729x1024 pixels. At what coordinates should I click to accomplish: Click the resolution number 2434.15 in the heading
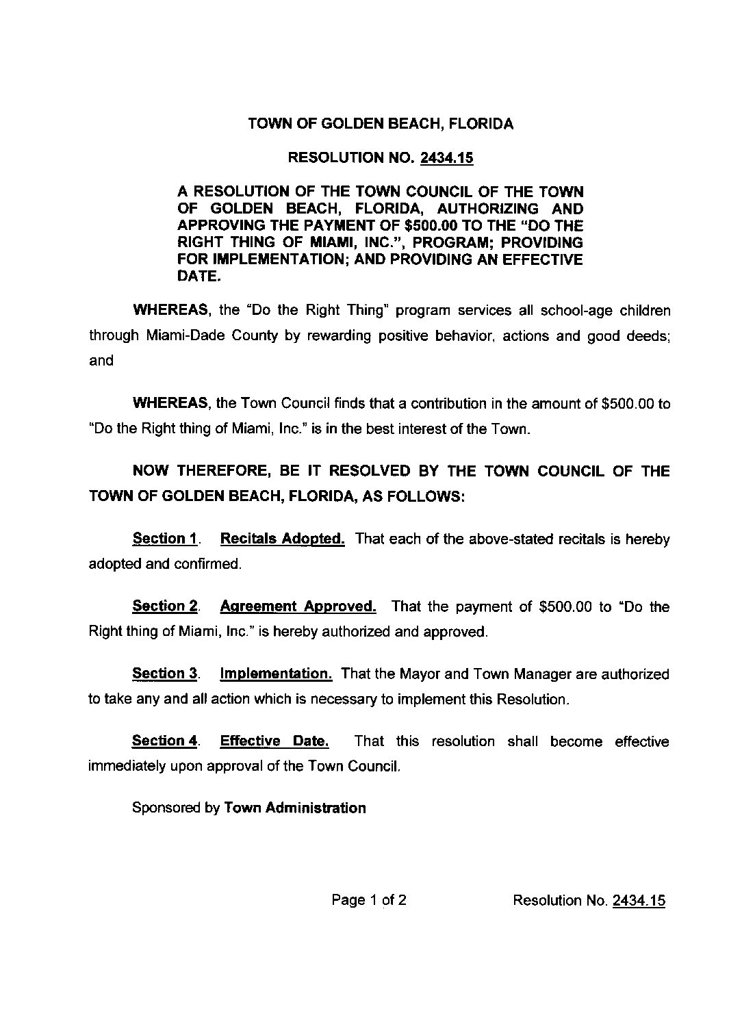click(x=447, y=158)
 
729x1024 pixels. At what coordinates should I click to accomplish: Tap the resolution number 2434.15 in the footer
click(x=639, y=900)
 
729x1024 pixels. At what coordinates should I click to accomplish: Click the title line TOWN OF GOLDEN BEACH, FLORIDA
click(x=381, y=125)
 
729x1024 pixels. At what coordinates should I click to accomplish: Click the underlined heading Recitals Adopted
click(x=282, y=539)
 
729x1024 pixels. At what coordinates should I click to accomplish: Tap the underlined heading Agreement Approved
click(x=298, y=606)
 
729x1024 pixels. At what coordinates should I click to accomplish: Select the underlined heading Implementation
click(x=276, y=674)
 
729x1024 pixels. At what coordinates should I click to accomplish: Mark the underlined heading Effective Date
click(x=274, y=741)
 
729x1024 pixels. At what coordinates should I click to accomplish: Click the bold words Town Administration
click(x=295, y=808)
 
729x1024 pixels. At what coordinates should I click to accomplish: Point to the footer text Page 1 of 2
click(x=369, y=900)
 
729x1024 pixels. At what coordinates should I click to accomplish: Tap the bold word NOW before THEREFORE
click(x=151, y=472)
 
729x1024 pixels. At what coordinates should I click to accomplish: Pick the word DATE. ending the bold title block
click(x=199, y=277)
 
